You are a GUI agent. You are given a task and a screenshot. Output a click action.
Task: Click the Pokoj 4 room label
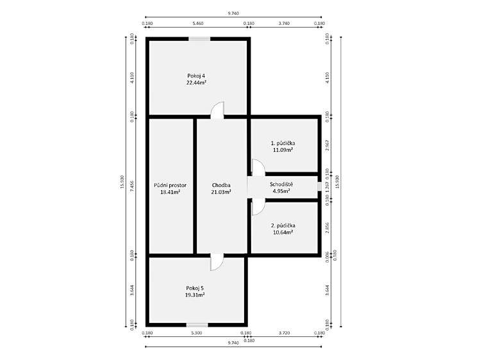[x=196, y=76]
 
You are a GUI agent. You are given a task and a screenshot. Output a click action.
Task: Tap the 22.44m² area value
[x=196, y=83]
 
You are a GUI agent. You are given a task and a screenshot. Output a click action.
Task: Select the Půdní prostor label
[x=170, y=185]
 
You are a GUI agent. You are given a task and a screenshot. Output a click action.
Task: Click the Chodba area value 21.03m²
[x=221, y=192]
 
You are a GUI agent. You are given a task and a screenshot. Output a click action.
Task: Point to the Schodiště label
[x=281, y=184]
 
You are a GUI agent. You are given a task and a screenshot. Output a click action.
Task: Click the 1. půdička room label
[x=283, y=143]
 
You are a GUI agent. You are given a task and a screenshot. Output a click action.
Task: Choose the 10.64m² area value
[x=283, y=232]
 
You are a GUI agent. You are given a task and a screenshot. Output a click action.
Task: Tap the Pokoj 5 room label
[x=195, y=288]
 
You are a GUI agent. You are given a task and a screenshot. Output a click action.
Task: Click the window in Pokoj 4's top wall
[x=199, y=39]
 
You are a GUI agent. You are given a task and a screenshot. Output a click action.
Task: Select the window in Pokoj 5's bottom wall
[x=197, y=325]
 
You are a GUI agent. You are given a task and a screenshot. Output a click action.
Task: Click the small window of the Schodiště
[x=319, y=186]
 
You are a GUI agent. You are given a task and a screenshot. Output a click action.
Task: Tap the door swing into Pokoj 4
[x=217, y=110]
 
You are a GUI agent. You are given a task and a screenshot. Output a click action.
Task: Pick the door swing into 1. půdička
[x=258, y=167]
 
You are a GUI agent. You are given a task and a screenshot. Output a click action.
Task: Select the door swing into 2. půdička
[x=258, y=207]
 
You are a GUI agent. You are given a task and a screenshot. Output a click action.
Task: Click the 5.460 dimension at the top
[x=198, y=23]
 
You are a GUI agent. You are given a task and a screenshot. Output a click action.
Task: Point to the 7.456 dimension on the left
[x=132, y=186]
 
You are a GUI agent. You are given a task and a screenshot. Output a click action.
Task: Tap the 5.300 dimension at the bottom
[x=196, y=333]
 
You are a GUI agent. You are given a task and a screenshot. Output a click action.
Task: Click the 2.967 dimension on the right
[x=327, y=145]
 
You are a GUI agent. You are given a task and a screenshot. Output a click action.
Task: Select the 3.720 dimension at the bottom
[x=284, y=333]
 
